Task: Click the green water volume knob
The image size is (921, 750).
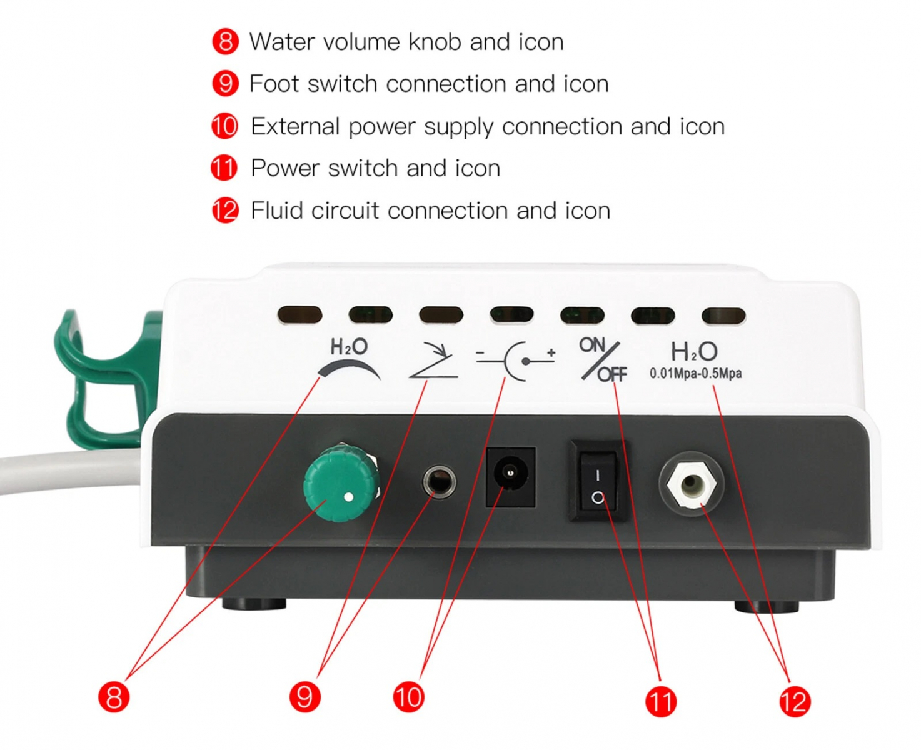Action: click(341, 483)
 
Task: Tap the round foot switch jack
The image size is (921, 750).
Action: click(439, 482)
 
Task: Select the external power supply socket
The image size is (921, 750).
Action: click(510, 476)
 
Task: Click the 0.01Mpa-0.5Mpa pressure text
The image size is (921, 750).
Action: click(695, 374)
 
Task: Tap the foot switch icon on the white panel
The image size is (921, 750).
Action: click(434, 361)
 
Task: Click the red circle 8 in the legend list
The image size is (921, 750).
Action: click(225, 42)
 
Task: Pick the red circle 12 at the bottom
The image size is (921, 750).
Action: click(794, 701)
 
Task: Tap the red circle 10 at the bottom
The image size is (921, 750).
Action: click(408, 697)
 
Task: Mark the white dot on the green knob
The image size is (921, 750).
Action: click(349, 497)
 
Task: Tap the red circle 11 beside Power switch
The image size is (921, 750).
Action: click(224, 168)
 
